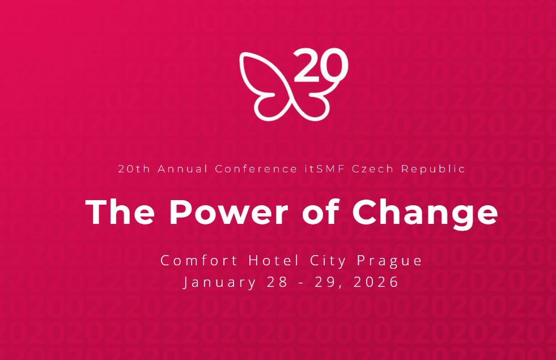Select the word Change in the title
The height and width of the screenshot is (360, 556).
425,213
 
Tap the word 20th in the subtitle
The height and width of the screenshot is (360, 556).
134,169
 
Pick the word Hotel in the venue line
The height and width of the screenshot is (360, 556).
274,260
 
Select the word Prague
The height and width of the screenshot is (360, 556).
390,261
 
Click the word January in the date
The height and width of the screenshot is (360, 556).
220,282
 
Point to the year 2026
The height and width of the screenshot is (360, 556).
377,282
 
